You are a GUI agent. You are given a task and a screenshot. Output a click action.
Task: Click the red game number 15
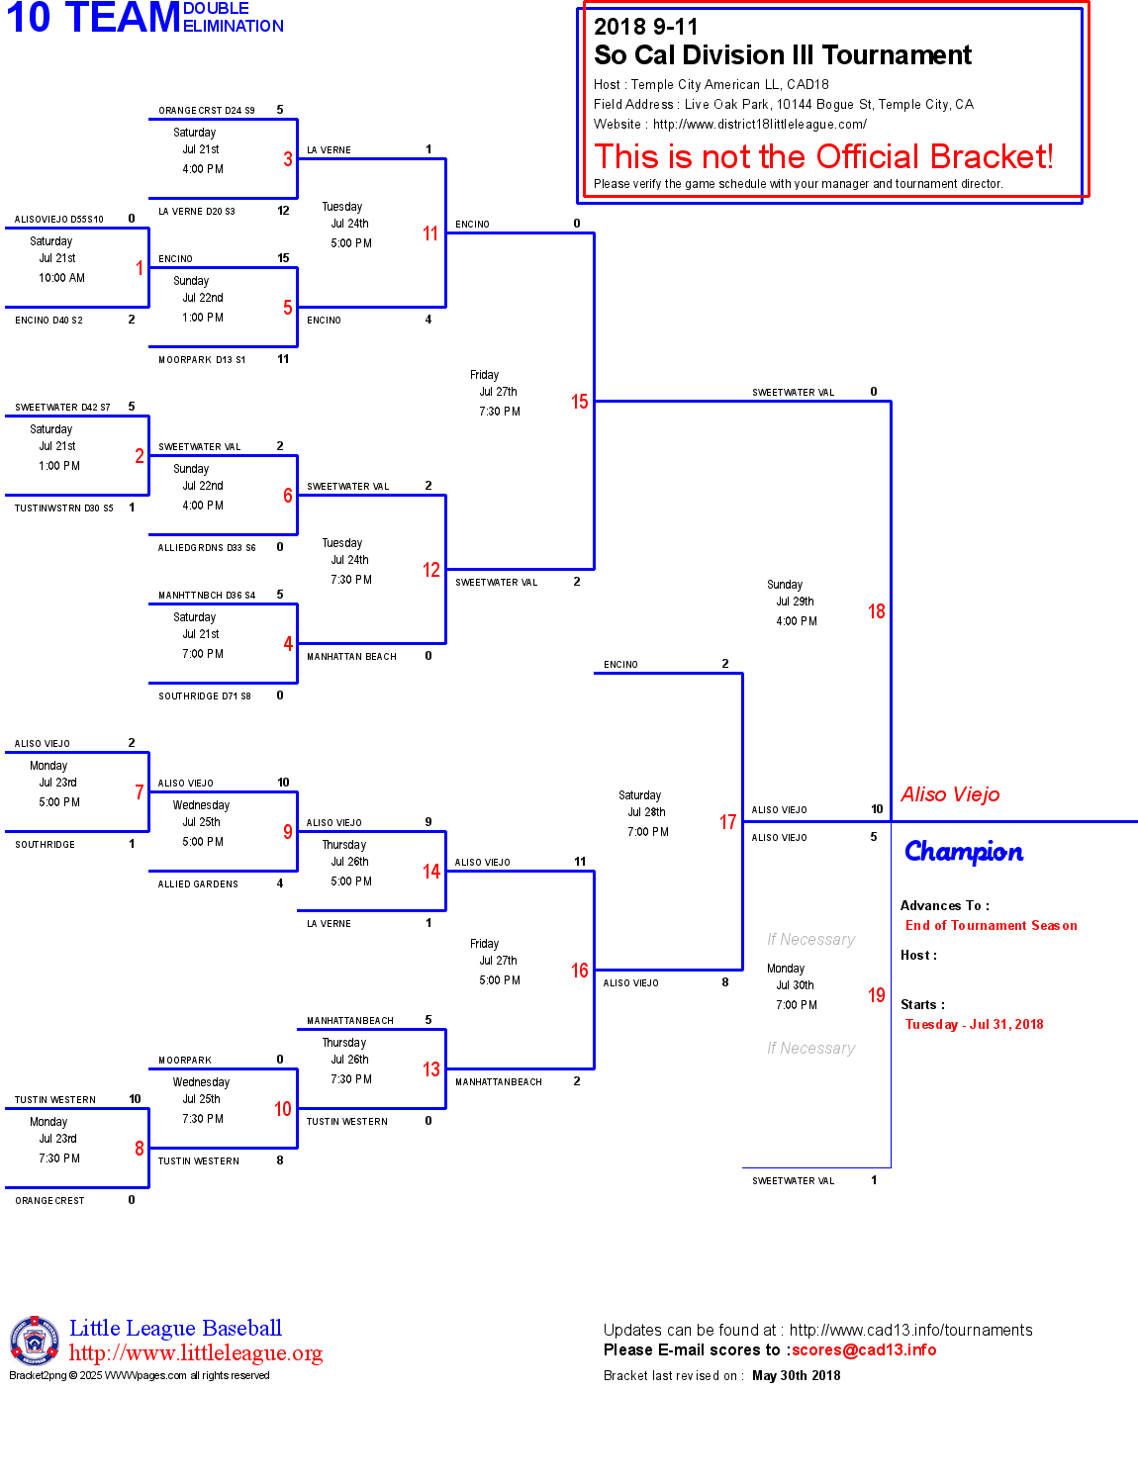tap(579, 402)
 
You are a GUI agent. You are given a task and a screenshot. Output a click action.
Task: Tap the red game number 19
tap(876, 995)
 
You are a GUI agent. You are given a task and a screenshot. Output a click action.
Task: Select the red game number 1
tap(140, 268)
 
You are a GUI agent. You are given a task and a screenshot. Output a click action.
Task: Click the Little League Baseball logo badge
tap(35, 1341)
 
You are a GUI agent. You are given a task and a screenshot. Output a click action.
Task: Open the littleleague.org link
tap(195, 1353)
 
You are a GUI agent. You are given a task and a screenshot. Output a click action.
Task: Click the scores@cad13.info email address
tap(863, 1350)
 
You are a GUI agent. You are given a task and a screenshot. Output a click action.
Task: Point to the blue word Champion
tap(963, 852)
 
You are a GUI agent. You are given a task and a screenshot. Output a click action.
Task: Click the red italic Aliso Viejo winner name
tap(950, 794)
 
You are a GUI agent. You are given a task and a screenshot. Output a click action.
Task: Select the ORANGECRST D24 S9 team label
tap(206, 111)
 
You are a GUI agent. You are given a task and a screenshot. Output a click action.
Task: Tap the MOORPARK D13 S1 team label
tap(202, 360)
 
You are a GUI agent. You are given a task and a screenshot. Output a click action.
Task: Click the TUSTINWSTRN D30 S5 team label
tap(63, 509)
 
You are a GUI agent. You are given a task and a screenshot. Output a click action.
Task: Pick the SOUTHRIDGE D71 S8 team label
tap(204, 696)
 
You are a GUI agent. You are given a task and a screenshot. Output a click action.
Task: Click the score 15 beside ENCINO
tap(283, 258)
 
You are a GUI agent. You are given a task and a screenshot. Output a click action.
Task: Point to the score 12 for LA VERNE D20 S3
tap(283, 211)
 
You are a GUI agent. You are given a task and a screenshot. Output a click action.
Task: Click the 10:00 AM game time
tap(61, 278)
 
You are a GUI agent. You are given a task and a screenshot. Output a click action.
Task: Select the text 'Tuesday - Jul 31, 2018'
tap(974, 1025)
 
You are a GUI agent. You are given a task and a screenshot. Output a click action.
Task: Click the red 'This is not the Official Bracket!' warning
tap(823, 157)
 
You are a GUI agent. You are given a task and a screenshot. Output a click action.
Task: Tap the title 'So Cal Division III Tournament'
tap(782, 55)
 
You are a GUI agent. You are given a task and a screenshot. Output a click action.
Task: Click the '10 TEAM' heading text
tap(93, 18)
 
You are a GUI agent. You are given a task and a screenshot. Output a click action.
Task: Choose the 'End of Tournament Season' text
tap(991, 926)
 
